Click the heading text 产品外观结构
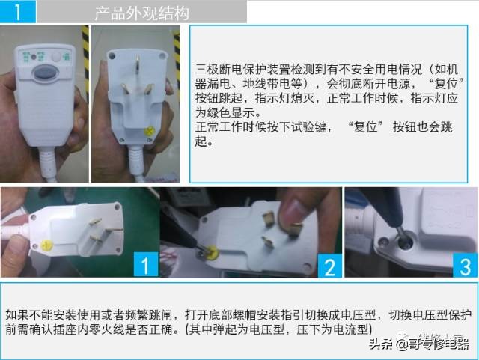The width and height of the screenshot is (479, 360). click(x=142, y=13)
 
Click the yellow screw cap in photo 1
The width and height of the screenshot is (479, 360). click(x=48, y=244)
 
